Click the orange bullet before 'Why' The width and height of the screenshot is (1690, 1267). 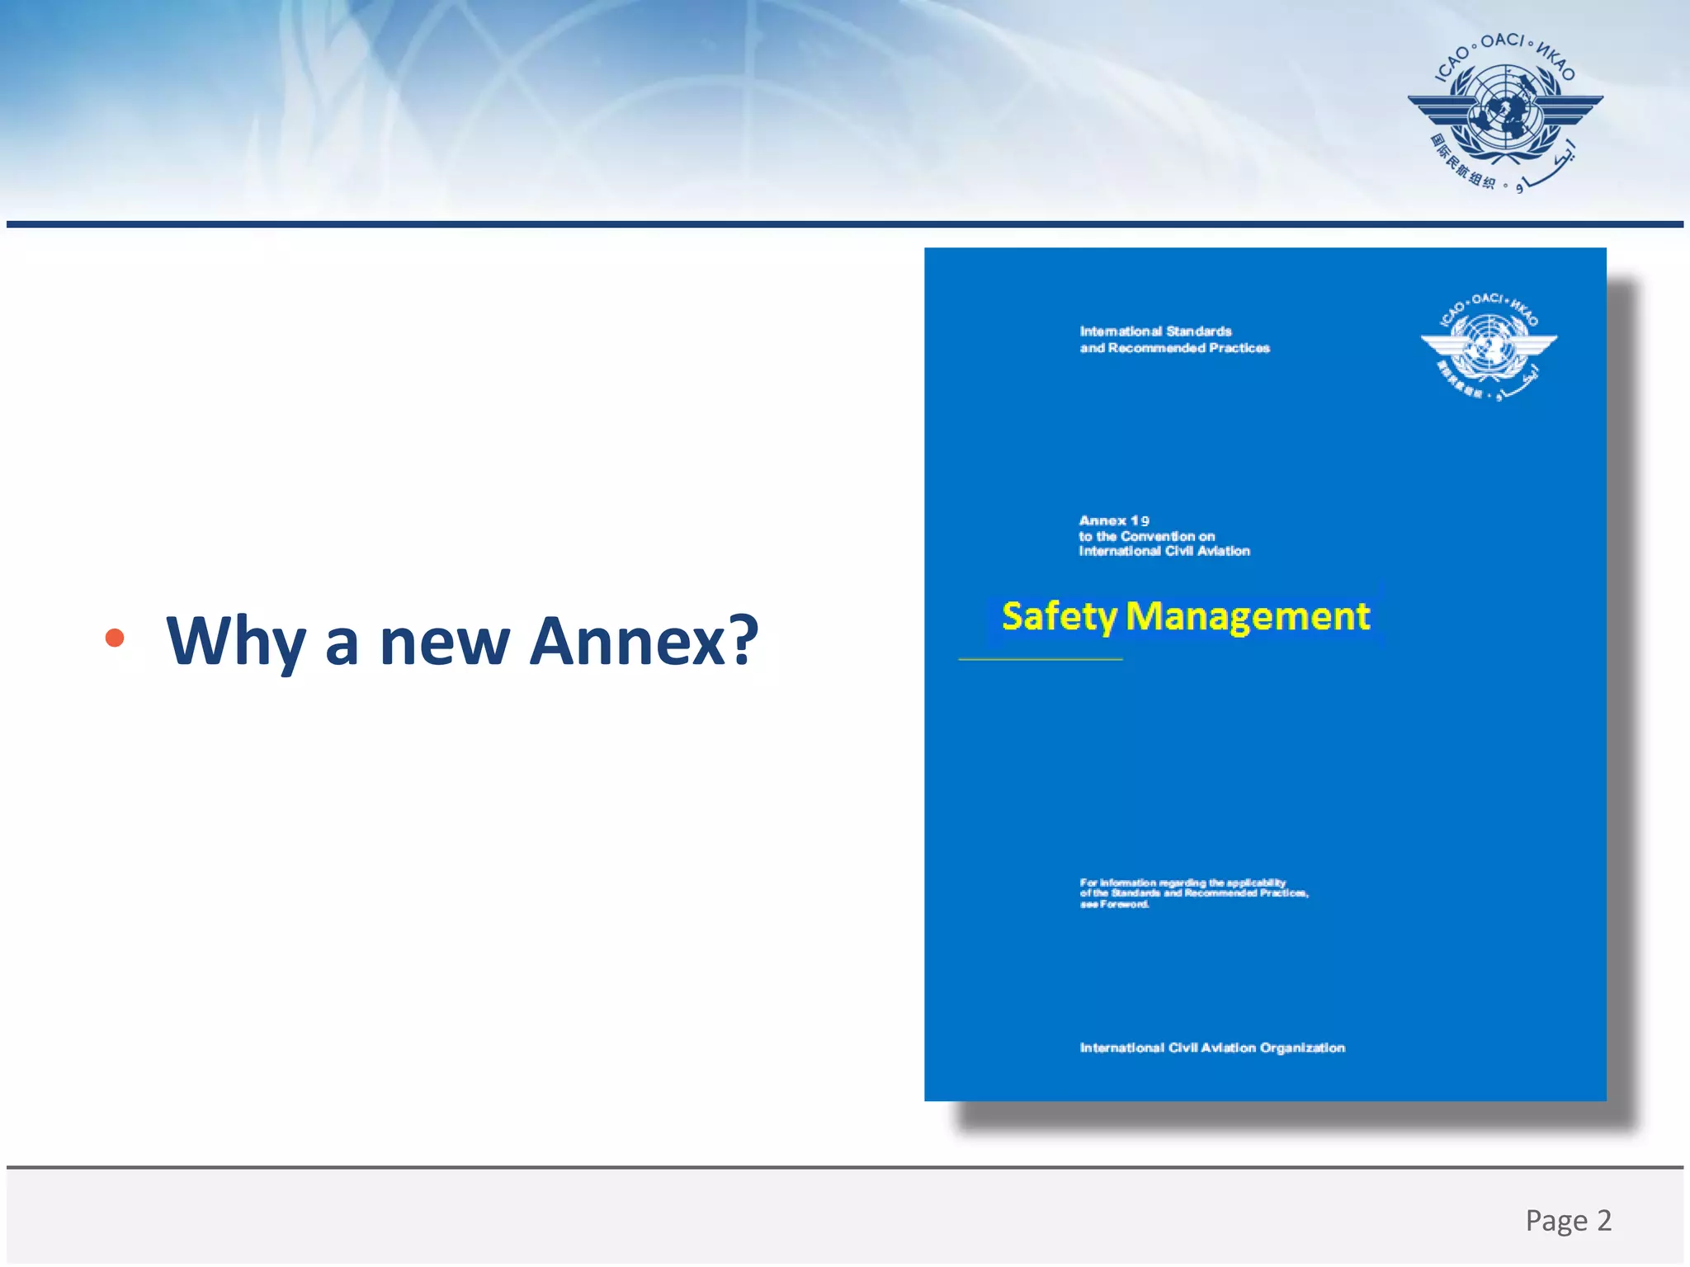click(x=115, y=638)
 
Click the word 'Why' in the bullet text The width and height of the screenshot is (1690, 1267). click(x=235, y=641)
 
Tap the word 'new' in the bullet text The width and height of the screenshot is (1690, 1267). click(x=444, y=643)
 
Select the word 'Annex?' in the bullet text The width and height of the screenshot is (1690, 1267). click(x=643, y=641)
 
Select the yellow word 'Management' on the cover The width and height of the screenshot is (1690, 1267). click(x=1247, y=617)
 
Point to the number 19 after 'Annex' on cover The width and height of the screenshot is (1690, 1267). click(x=1140, y=520)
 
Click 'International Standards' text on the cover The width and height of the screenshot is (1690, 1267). click(x=1155, y=332)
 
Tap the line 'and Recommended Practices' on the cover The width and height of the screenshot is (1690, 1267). click(x=1174, y=348)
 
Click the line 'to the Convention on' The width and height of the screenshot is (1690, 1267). click(x=1146, y=536)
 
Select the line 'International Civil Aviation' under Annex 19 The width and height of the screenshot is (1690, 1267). click(x=1164, y=551)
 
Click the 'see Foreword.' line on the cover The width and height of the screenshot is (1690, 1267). click(x=1114, y=904)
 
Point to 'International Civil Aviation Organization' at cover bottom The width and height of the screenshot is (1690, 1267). click(x=1211, y=1048)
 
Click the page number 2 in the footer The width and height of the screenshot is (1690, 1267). click(x=1603, y=1220)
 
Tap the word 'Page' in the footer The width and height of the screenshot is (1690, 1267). click(x=1556, y=1221)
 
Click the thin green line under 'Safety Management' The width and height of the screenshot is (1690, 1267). click(x=1040, y=659)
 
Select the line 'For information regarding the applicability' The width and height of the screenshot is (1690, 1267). click(x=1182, y=883)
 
